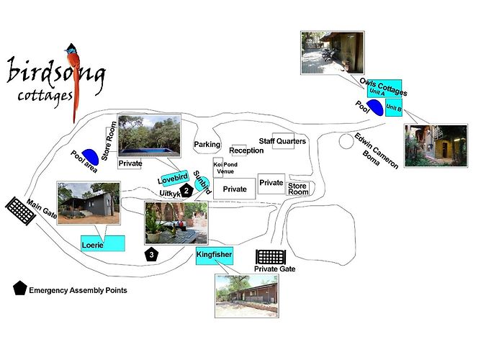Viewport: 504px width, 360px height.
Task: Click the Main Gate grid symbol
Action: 21,211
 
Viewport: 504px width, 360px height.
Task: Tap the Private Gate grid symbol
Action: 271,257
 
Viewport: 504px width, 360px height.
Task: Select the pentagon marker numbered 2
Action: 186,191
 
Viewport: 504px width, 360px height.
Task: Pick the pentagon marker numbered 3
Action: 151,255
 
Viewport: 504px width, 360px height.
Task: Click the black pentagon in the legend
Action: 19,288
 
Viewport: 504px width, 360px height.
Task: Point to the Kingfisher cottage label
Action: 215,256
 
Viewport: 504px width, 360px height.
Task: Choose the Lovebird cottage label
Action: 174,178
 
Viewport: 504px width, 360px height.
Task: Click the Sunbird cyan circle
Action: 202,184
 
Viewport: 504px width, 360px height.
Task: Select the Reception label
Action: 246,150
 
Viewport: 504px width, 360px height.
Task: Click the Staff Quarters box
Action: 283,141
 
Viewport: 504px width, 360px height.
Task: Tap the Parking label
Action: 207,144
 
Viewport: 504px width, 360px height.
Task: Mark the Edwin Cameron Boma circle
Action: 346,142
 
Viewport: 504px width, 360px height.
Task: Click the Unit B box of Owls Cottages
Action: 394,108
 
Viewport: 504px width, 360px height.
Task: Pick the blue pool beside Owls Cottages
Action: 376,107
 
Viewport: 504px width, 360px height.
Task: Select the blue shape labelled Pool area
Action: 90,157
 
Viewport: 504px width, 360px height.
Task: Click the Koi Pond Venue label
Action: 225,168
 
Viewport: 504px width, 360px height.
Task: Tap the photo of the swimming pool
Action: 150,135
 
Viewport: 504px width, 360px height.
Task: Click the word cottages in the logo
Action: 45,96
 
